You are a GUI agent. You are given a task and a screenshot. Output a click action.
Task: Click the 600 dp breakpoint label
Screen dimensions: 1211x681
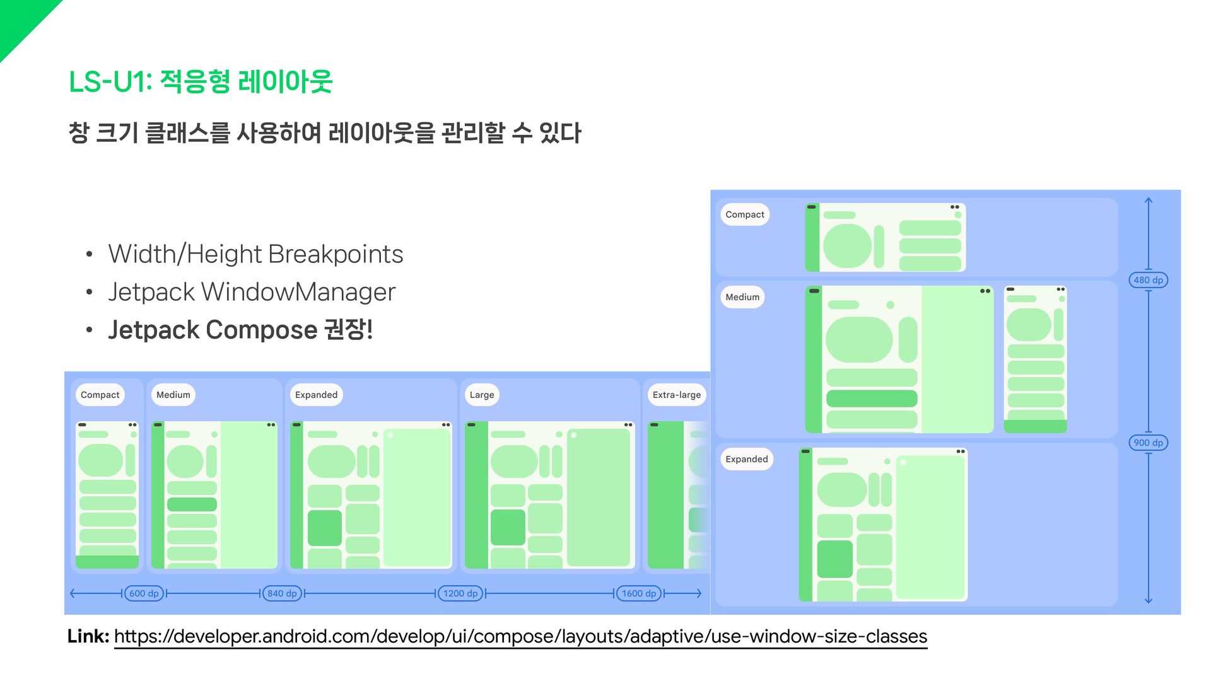click(144, 593)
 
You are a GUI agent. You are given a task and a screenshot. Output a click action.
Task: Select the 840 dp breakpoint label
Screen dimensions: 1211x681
click(282, 593)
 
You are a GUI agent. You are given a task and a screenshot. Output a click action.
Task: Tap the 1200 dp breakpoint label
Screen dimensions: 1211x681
click(460, 593)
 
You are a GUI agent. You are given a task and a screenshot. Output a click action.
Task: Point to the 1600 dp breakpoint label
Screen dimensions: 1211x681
click(639, 593)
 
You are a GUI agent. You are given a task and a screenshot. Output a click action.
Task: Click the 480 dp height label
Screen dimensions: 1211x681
click(1148, 280)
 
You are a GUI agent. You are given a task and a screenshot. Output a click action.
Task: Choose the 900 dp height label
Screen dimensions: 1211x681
click(1148, 443)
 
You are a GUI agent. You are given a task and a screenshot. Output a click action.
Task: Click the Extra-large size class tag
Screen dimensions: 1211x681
click(676, 395)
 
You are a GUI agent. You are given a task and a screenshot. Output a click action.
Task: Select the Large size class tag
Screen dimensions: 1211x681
click(482, 395)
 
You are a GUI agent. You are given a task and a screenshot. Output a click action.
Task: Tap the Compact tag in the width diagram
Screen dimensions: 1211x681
click(100, 395)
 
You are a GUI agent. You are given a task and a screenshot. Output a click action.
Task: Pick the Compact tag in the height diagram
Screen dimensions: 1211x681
click(744, 214)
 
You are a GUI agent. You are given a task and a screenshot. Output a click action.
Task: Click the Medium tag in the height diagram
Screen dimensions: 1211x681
click(742, 297)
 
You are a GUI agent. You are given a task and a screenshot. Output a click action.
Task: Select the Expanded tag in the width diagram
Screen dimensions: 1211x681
click(316, 395)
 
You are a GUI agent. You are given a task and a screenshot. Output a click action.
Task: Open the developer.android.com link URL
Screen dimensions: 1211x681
click(520, 636)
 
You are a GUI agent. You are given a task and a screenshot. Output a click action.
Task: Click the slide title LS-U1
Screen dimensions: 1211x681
click(200, 82)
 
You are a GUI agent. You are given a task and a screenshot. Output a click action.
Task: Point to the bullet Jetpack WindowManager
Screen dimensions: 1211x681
click(252, 292)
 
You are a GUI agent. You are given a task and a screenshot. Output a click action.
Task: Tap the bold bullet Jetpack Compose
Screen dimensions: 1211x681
click(240, 330)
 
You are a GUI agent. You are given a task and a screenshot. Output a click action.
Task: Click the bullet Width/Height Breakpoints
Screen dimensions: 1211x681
click(255, 254)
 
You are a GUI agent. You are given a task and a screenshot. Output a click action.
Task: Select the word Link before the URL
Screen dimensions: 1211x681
click(88, 636)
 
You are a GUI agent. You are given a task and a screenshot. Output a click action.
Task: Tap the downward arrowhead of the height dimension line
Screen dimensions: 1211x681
click(1148, 601)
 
